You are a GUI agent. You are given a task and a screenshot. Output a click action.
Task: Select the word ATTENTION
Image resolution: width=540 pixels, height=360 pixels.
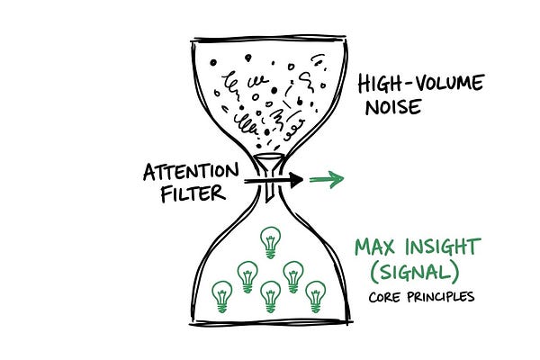click(190, 171)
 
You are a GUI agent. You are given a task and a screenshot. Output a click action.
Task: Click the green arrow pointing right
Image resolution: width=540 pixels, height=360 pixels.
click(326, 180)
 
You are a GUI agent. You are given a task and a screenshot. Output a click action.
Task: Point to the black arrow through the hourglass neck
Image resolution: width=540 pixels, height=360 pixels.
click(274, 182)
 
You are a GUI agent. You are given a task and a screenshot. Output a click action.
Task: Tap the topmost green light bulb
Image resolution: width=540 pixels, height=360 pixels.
click(268, 241)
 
